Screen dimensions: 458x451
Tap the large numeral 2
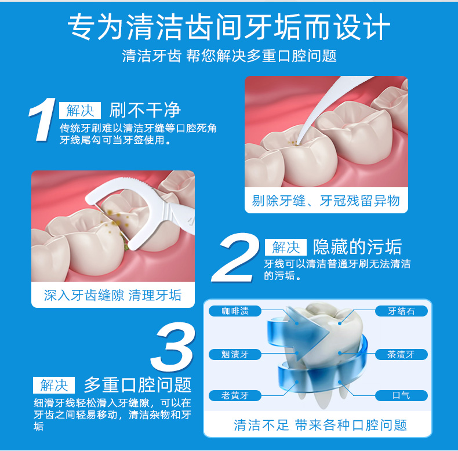pos(235,257)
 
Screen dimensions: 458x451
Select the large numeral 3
pos(173,347)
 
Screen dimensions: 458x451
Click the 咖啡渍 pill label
pos(235,311)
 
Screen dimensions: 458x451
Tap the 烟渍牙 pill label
pos(235,355)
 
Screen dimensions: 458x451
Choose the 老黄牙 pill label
pos(235,395)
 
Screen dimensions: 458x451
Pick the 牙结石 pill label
pos(401,311)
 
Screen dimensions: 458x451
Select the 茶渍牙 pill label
pos(401,355)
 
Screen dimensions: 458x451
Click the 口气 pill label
pos(401,395)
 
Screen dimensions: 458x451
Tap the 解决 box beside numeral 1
pos(80,110)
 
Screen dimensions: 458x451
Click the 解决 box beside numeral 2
pos(286,247)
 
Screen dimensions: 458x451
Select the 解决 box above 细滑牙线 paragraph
pos(54,385)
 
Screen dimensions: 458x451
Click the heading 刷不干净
pos(145,110)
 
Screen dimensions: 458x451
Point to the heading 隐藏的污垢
pos(357,247)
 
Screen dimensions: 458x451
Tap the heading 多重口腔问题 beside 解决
pos(137,385)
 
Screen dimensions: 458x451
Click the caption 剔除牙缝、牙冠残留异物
pos(326,201)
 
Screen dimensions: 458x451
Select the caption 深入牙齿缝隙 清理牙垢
pos(112,295)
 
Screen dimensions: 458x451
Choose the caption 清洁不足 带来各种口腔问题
pos(321,425)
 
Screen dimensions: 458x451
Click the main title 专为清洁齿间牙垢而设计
pos(229,27)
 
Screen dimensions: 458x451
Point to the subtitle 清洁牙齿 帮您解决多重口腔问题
pos(230,56)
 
